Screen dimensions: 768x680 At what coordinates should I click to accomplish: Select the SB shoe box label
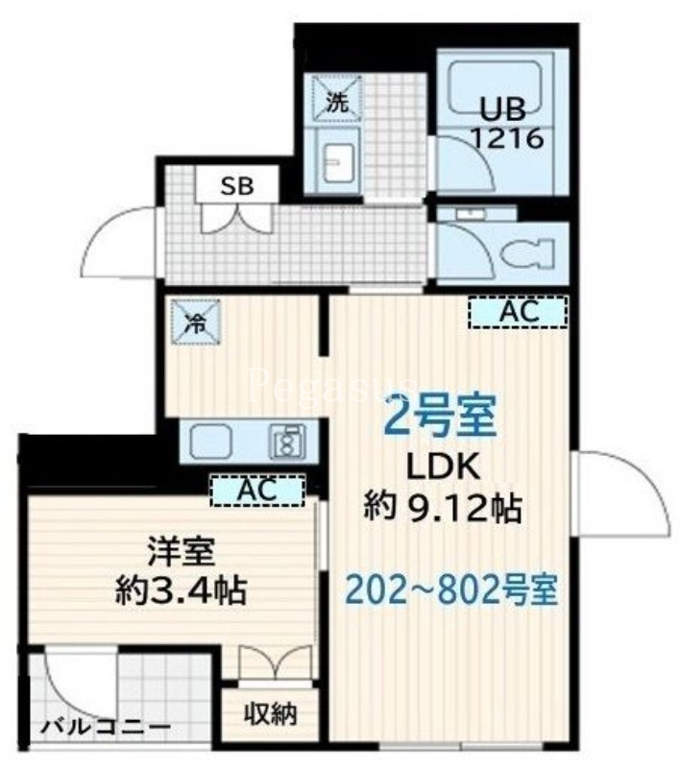237,186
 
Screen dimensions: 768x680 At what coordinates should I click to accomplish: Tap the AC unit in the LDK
518,311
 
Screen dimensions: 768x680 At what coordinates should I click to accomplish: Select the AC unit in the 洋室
256,490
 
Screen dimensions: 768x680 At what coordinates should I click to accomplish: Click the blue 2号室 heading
440,415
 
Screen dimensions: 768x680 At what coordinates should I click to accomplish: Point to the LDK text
441,468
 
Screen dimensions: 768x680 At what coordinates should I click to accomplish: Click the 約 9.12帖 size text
442,508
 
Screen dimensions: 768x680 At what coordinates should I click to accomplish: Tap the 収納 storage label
269,714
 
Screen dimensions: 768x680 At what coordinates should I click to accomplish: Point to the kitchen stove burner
285,443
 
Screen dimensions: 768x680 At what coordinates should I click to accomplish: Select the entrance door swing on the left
120,240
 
